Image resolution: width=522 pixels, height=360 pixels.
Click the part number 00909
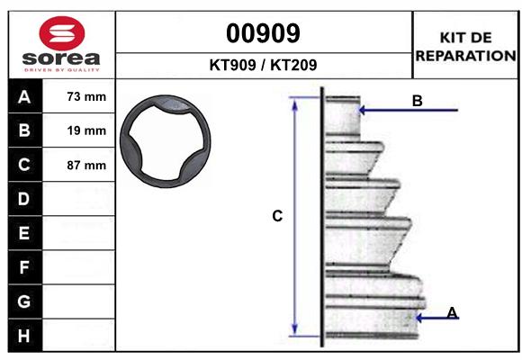pyautogui.click(x=263, y=33)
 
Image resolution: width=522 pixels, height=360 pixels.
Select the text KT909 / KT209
pyautogui.click(x=263, y=65)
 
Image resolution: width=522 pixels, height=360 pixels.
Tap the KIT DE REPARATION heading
pyautogui.click(x=465, y=47)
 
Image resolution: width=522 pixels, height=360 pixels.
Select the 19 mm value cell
pyautogui.click(x=86, y=131)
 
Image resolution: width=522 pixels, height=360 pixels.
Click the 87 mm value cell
pyautogui.click(x=86, y=166)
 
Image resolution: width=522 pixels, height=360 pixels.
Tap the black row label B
pyautogui.click(x=24, y=131)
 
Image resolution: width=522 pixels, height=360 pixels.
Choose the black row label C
pyautogui.click(x=24, y=166)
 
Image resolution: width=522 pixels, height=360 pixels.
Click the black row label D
pyautogui.click(x=24, y=199)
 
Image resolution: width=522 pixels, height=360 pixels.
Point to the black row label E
pyautogui.click(x=24, y=233)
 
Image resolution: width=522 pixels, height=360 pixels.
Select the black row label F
pyautogui.click(x=24, y=267)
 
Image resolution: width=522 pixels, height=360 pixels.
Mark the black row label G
pyautogui.click(x=24, y=301)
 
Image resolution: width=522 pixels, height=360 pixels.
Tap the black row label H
pyautogui.click(x=24, y=335)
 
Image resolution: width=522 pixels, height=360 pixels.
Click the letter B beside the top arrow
pyautogui.click(x=417, y=102)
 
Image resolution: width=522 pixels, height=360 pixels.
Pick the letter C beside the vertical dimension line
pyautogui.click(x=278, y=216)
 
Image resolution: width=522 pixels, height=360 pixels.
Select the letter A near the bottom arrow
pyautogui.click(x=452, y=312)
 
